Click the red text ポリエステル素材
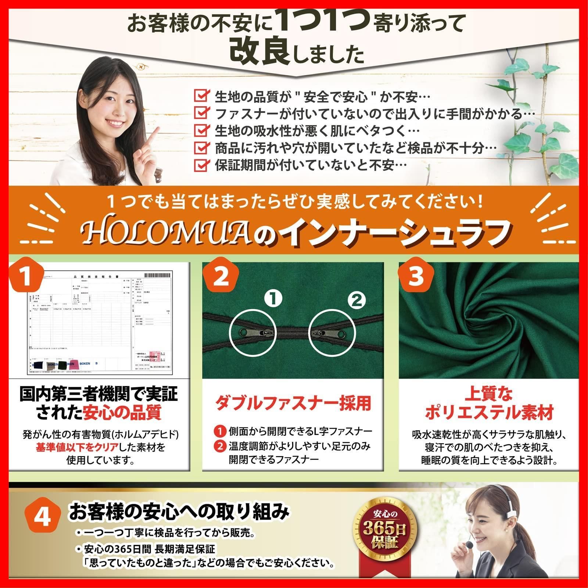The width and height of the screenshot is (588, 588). click(x=489, y=413)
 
